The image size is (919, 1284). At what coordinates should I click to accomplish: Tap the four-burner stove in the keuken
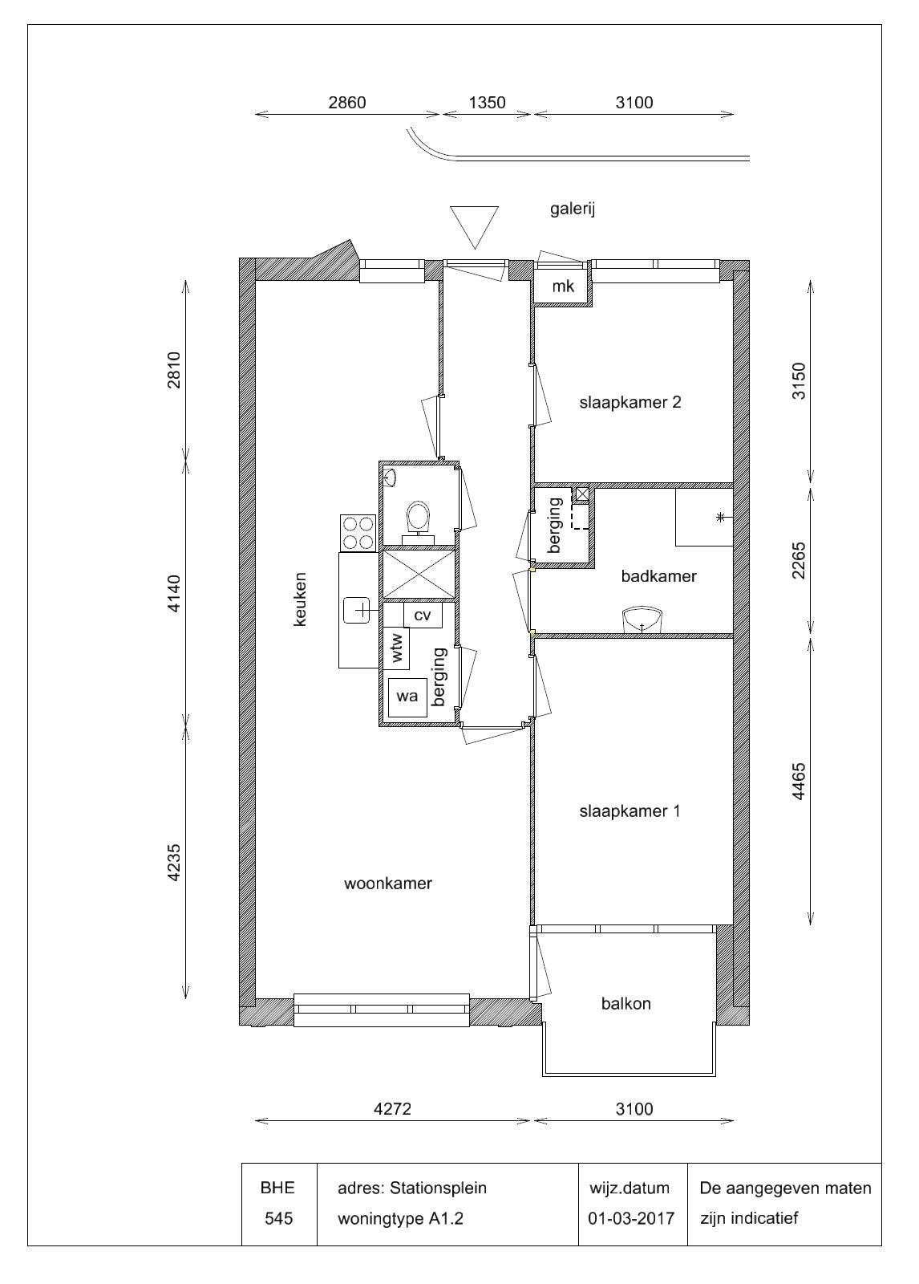click(x=358, y=533)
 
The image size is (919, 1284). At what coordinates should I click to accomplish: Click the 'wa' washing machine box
click(x=407, y=697)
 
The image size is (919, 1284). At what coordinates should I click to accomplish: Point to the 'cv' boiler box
click(x=423, y=615)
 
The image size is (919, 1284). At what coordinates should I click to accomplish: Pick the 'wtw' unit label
click(x=397, y=647)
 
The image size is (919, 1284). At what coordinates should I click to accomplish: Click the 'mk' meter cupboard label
click(x=563, y=286)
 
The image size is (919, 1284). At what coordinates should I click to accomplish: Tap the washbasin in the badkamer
click(x=642, y=620)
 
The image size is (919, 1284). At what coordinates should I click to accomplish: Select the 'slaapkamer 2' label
click(x=630, y=402)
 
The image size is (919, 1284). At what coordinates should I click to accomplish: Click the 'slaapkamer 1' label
click(x=630, y=811)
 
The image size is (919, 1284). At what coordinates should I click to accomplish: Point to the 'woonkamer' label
click(x=388, y=884)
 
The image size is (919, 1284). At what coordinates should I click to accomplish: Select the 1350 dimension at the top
click(x=487, y=103)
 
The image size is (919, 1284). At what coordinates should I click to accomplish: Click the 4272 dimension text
click(x=392, y=1109)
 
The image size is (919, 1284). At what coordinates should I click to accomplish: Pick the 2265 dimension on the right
click(x=798, y=561)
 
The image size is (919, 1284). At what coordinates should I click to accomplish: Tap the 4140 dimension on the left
click(x=173, y=594)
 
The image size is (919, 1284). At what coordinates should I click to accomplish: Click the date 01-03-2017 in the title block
click(x=631, y=1218)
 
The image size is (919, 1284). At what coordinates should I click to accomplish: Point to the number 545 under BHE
click(x=278, y=1218)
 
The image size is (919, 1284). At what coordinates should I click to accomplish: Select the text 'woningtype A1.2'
click(x=400, y=1218)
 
